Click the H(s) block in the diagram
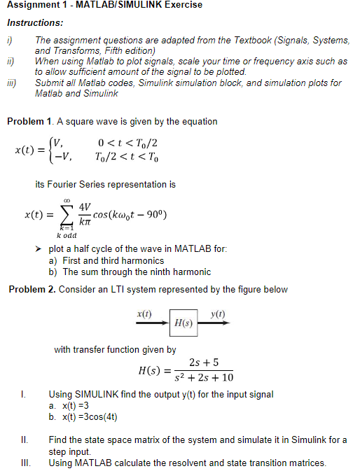click(x=184, y=325)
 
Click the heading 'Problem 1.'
click(x=29, y=122)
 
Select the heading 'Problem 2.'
click(x=32, y=290)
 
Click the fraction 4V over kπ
click(x=85, y=213)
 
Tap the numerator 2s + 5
click(x=205, y=362)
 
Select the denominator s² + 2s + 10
click(x=204, y=378)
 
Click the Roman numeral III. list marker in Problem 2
click(x=25, y=463)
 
